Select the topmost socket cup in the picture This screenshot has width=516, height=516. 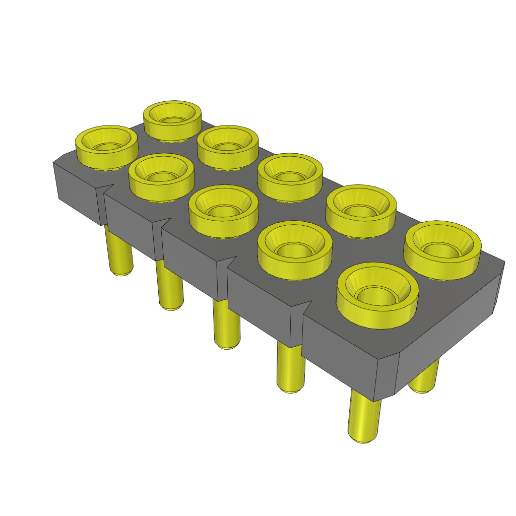(172, 119)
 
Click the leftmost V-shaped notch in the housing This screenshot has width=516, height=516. (104, 188)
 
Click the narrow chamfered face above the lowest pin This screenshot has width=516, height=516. (385, 375)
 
